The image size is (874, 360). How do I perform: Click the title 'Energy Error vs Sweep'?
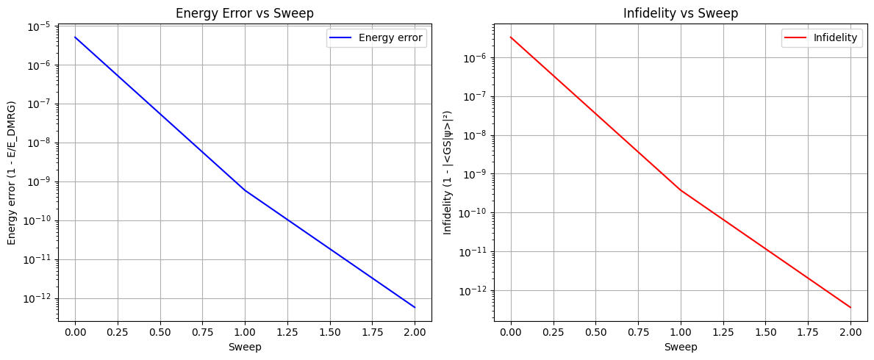tap(245, 14)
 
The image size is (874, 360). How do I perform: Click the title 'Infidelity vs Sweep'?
tap(681, 14)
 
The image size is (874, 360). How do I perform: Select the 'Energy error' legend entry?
tap(377, 38)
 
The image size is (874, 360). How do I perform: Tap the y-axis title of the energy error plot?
tap(12, 173)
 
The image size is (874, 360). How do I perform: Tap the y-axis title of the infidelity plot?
tap(448, 173)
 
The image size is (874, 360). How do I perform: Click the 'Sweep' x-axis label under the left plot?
tap(245, 347)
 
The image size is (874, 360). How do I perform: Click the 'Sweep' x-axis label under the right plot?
tap(681, 347)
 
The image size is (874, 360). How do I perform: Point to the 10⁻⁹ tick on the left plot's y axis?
tap(41, 181)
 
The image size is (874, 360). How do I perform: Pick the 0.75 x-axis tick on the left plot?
tap(202, 332)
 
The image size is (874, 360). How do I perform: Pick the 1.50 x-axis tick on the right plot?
tap(766, 332)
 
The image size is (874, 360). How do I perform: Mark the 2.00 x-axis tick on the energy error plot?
tap(415, 332)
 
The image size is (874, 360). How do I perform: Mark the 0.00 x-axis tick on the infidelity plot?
tap(511, 332)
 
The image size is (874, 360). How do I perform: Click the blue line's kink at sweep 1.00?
tap(245, 190)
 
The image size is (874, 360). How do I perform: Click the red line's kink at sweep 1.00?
tap(681, 190)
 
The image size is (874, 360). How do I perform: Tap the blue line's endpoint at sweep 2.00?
tap(415, 307)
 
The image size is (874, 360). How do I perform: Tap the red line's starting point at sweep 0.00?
tap(511, 37)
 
